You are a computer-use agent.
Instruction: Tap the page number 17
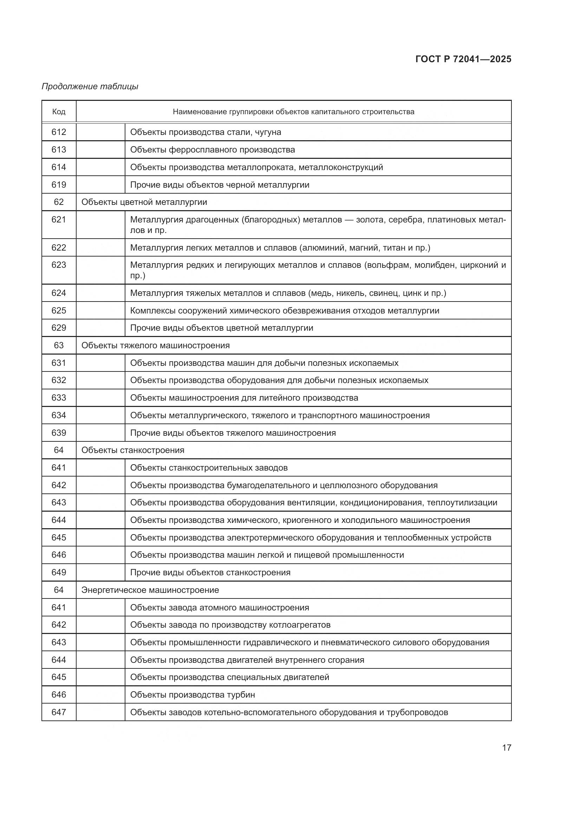[x=506, y=747]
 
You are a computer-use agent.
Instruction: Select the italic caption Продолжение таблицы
[x=90, y=86]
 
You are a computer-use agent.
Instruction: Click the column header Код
[x=59, y=112]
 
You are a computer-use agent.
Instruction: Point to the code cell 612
[x=59, y=132]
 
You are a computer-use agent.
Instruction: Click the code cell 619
[x=59, y=185]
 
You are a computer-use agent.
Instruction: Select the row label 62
[x=59, y=202]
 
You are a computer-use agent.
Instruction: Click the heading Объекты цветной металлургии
[x=144, y=202]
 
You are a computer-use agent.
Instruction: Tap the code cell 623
[x=59, y=265]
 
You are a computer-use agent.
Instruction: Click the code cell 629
[x=59, y=328]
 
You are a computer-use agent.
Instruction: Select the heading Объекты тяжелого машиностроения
[x=155, y=345]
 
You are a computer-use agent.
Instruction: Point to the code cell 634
[x=59, y=415]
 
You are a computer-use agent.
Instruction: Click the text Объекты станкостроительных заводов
[x=209, y=468]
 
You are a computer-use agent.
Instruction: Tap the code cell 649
[x=59, y=572]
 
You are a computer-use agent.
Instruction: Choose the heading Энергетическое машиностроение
[x=150, y=590]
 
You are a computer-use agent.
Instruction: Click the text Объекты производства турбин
[x=192, y=695]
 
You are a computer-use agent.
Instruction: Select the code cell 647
[x=59, y=712]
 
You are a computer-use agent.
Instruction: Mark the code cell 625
[x=59, y=311]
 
